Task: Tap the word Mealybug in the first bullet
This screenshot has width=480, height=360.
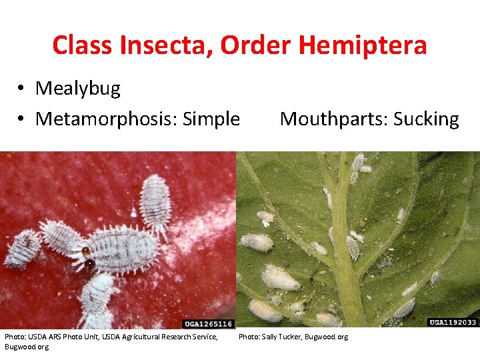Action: (78, 89)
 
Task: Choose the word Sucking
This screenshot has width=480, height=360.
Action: (427, 119)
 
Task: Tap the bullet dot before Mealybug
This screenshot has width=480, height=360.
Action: (22, 89)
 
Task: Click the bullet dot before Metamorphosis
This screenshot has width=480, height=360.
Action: (22, 119)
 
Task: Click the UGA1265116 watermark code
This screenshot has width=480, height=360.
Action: (207, 323)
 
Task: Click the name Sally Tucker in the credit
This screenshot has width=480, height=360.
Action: (281, 337)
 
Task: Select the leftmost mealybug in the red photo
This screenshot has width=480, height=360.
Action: (23, 247)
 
